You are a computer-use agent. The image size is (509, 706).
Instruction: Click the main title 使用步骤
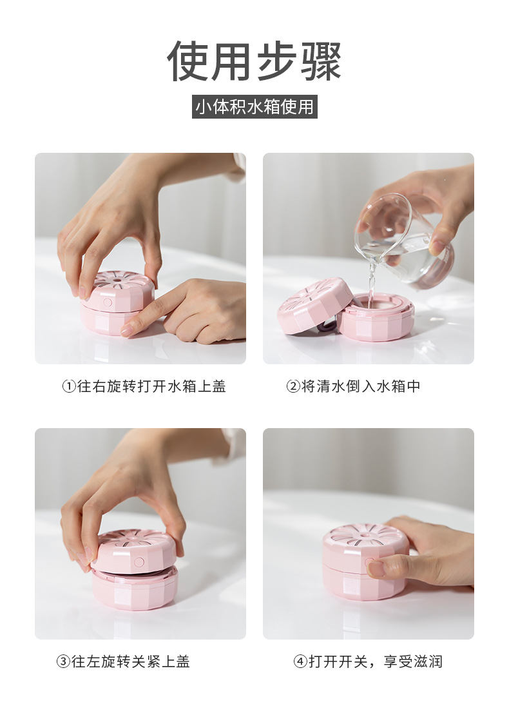click(x=254, y=61)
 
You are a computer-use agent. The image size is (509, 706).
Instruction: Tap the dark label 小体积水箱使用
click(x=255, y=106)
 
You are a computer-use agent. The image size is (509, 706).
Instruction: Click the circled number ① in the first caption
click(x=69, y=387)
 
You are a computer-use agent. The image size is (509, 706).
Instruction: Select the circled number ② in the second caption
click(x=293, y=387)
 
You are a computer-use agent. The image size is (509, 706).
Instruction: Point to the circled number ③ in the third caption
click(x=63, y=662)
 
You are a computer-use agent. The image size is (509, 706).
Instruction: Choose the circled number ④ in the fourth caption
click(x=300, y=662)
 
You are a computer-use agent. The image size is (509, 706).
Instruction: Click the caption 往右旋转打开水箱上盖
click(x=151, y=387)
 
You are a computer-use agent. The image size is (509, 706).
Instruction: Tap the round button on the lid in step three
click(x=139, y=562)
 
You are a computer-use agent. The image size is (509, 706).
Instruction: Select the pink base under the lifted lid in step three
click(x=135, y=589)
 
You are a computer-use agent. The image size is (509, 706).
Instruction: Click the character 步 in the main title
click(x=256, y=61)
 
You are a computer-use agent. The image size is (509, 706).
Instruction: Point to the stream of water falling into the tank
click(x=371, y=284)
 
